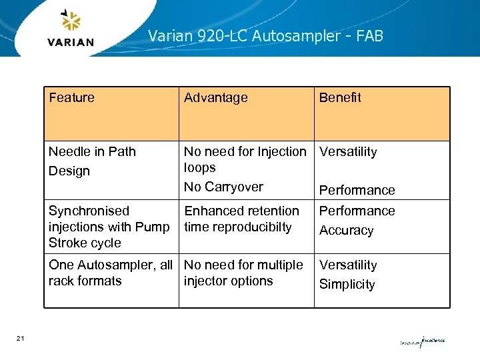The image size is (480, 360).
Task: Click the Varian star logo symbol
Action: pos(70,21)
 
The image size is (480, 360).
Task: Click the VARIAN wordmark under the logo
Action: pos(71,42)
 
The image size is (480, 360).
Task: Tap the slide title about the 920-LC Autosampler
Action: pos(265,36)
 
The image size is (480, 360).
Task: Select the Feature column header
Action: pos(71,98)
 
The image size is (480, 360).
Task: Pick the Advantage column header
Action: pos(215,98)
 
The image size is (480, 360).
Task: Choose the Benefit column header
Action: pos(339,98)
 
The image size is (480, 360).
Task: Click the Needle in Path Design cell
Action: pos(92,161)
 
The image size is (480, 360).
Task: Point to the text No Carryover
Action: pos(223,187)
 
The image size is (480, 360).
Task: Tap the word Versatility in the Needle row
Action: pos(348,152)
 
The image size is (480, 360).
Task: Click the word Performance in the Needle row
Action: pos(357,190)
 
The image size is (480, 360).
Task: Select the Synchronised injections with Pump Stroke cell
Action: pos(109,227)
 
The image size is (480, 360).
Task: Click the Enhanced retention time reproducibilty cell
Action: pos(241,219)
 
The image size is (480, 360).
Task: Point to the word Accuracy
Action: pos(346,231)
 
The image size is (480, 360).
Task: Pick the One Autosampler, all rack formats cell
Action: pos(110,273)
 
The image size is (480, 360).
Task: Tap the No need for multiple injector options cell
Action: pos(243,273)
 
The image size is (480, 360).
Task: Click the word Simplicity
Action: pos(347,285)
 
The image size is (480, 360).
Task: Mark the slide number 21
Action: pos(20,339)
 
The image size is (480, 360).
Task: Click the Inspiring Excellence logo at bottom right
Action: pos(421,341)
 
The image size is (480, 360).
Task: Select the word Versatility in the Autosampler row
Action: pos(348,265)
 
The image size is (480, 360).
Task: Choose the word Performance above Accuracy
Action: pos(357,211)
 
